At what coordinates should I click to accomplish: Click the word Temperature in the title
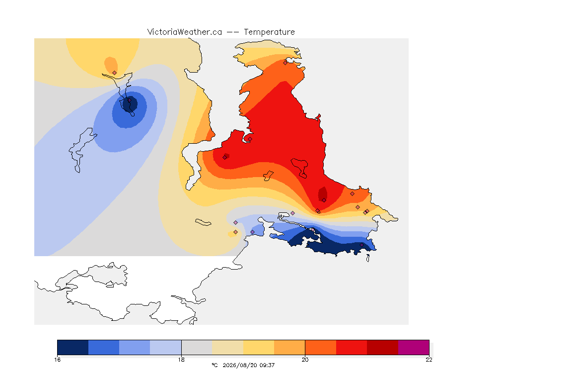click(269, 32)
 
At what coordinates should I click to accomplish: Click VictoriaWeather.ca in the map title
click(185, 32)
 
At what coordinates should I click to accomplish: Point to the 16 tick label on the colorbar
click(57, 360)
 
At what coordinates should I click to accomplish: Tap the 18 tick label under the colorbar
click(181, 360)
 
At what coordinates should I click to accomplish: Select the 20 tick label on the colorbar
click(305, 360)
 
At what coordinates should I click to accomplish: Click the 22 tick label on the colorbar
click(429, 360)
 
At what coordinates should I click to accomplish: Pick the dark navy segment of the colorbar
click(73, 347)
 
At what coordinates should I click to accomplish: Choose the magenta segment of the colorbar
click(413, 347)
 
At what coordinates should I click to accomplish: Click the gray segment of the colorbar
click(197, 347)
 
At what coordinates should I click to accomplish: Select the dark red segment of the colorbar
click(382, 347)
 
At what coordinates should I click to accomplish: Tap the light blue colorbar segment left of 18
click(166, 347)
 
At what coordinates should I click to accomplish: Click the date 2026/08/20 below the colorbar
click(239, 365)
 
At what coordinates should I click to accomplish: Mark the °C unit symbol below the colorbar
click(214, 365)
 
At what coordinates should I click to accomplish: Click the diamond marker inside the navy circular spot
click(129, 100)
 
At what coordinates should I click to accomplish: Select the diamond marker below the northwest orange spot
click(115, 73)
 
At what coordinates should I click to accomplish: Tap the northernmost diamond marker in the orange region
click(286, 63)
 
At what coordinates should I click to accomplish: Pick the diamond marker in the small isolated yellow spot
click(236, 232)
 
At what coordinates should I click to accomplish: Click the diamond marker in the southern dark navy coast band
click(361, 245)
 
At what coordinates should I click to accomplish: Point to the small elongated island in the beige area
click(203, 222)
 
